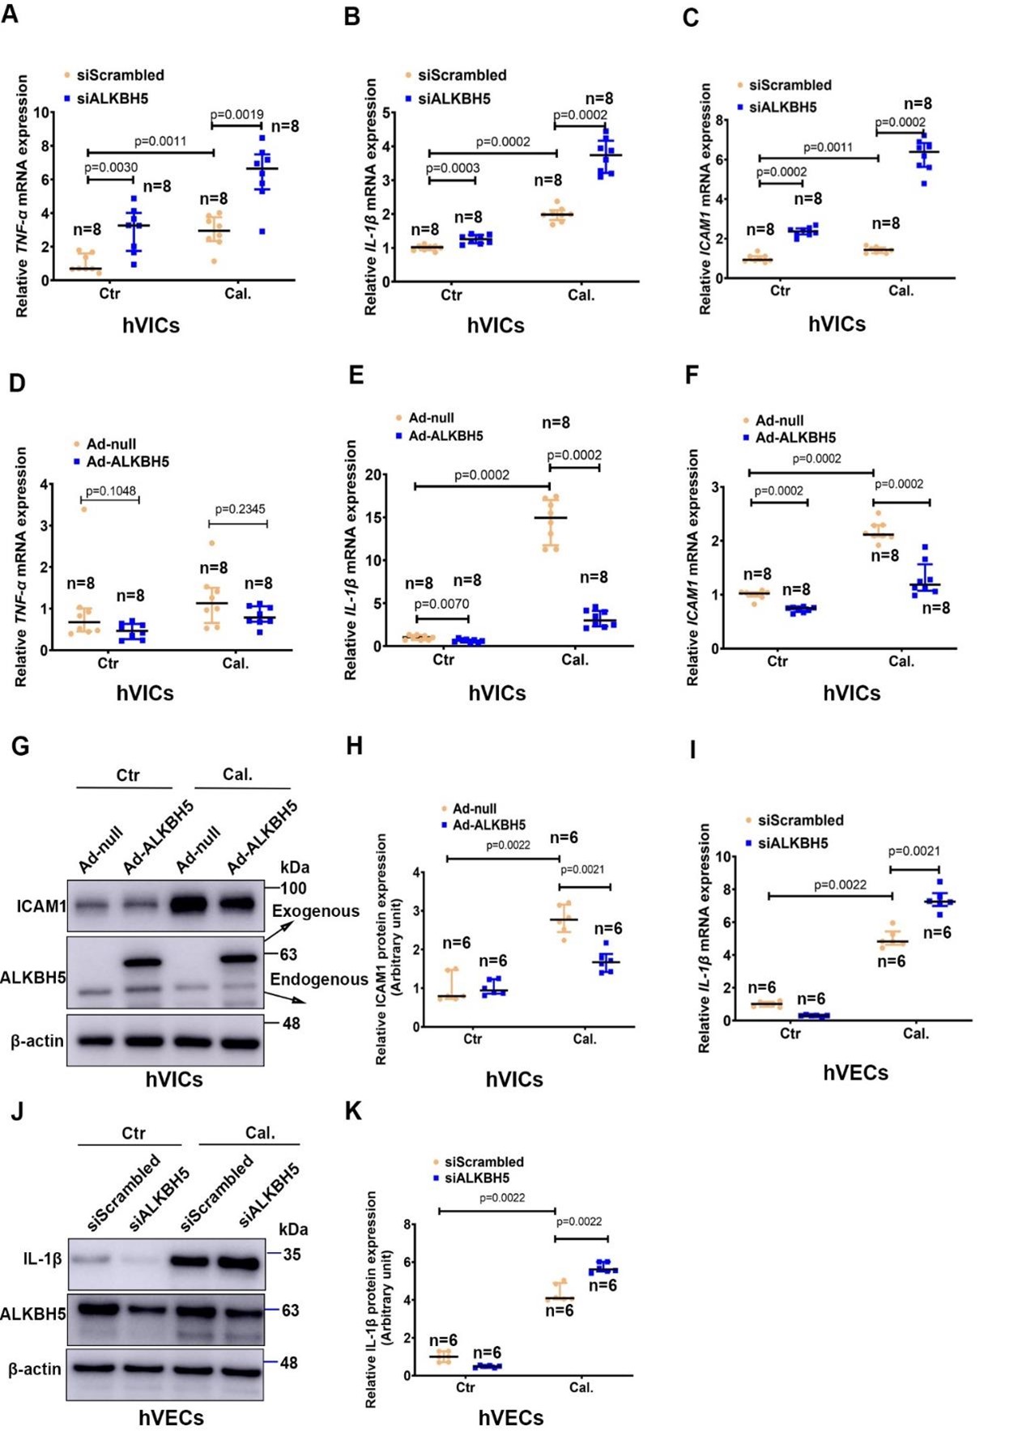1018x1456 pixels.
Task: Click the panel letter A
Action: tap(10, 14)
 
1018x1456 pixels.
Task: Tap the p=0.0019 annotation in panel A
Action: tap(236, 115)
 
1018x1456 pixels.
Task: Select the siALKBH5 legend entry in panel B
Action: tap(454, 99)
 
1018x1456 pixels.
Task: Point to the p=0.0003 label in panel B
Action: tap(453, 168)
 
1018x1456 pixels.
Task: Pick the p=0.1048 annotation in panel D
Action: tap(111, 491)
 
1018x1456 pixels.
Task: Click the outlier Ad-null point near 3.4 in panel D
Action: tap(83, 509)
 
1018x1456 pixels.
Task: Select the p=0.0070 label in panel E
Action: tap(441, 604)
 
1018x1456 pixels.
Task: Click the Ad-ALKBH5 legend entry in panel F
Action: tap(794, 438)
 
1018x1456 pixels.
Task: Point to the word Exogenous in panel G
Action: tap(316, 911)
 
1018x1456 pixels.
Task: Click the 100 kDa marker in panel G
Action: tap(293, 888)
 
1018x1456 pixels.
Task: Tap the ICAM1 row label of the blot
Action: tap(40, 906)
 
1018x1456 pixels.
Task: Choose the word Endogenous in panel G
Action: tap(319, 979)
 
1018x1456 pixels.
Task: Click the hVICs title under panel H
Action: tap(514, 1080)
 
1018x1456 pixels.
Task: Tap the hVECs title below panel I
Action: tap(855, 1073)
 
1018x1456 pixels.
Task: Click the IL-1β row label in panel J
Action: tap(43, 1259)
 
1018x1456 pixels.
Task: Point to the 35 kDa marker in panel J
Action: tap(292, 1254)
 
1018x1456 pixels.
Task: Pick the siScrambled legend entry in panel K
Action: tap(483, 1162)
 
